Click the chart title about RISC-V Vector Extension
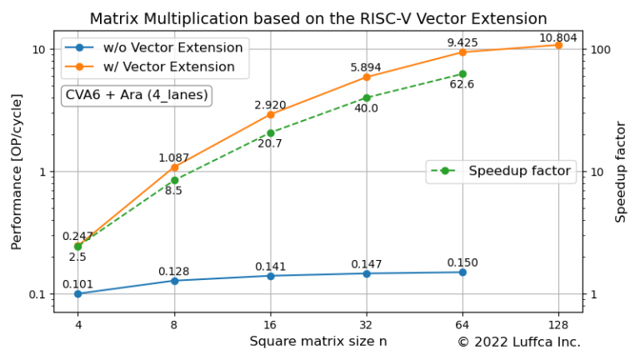[318, 18]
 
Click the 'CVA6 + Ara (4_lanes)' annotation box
[137, 95]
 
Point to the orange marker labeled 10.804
[558, 45]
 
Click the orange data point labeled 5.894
[367, 77]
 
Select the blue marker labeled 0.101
[78, 293]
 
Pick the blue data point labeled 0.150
[462, 272]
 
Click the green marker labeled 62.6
[462, 74]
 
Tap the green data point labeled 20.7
[271, 132]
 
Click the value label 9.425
[462, 42]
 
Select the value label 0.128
[174, 271]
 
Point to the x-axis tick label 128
[558, 324]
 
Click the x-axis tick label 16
[271, 324]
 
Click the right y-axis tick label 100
[602, 50]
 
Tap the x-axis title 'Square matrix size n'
[318, 341]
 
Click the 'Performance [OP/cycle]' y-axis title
[17, 172]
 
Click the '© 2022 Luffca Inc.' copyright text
[518, 342]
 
